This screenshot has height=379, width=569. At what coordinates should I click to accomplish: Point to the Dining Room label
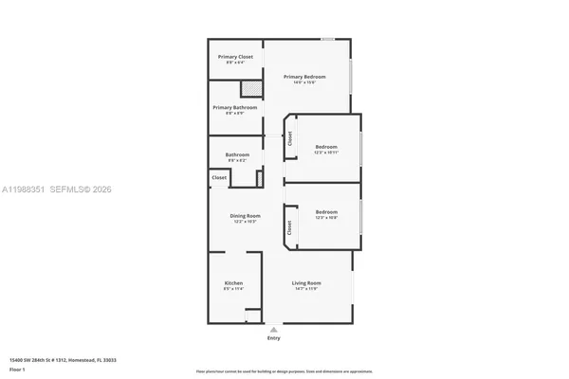tap(244, 216)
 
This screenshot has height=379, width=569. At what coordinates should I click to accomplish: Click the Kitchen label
tap(233, 284)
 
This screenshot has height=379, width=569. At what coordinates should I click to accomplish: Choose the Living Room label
tap(305, 284)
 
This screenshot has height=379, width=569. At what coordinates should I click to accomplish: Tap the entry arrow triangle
tap(274, 330)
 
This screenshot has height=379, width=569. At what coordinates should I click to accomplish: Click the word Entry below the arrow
tap(274, 338)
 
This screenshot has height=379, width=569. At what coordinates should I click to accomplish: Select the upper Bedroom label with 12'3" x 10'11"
tap(326, 148)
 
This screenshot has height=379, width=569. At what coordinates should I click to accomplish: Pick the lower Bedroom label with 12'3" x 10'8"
tap(326, 212)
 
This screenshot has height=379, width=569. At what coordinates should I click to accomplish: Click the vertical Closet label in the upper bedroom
tap(290, 138)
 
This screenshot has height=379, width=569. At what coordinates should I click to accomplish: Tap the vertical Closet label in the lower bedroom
tap(288, 228)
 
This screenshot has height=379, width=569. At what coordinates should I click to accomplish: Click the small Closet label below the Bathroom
tap(219, 177)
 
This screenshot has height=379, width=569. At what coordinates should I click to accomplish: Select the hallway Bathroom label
tap(237, 155)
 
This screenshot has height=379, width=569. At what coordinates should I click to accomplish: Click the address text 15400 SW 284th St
tap(57, 360)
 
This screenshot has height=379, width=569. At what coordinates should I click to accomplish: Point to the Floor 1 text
tap(17, 369)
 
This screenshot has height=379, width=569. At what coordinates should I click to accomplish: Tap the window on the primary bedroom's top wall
tap(327, 39)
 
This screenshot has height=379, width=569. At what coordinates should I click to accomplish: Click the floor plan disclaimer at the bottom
tap(284, 371)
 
